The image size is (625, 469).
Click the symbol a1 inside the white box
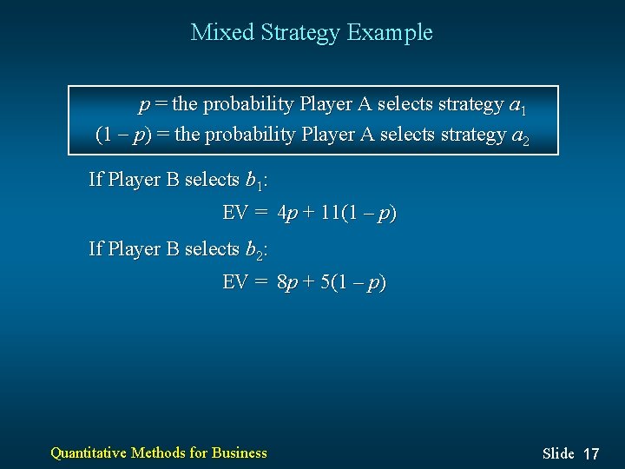click(517, 106)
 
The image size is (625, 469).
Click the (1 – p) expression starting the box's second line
click(123, 135)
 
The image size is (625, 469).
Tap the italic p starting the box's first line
click(144, 106)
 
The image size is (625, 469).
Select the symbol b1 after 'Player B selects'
click(254, 181)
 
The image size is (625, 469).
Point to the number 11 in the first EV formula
click(331, 213)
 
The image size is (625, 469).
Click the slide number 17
click(591, 453)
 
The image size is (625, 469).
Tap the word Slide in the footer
click(558, 453)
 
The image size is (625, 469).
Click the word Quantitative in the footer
click(89, 452)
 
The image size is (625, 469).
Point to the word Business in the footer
click(240, 452)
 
